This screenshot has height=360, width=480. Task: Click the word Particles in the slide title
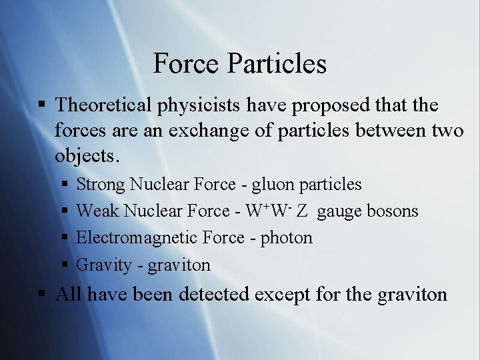277,64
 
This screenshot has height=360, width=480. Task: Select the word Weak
98,211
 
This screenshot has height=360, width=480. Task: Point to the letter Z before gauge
302,211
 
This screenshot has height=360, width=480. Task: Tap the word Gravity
104,265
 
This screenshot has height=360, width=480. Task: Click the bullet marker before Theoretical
41,105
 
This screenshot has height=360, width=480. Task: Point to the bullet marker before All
41,294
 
